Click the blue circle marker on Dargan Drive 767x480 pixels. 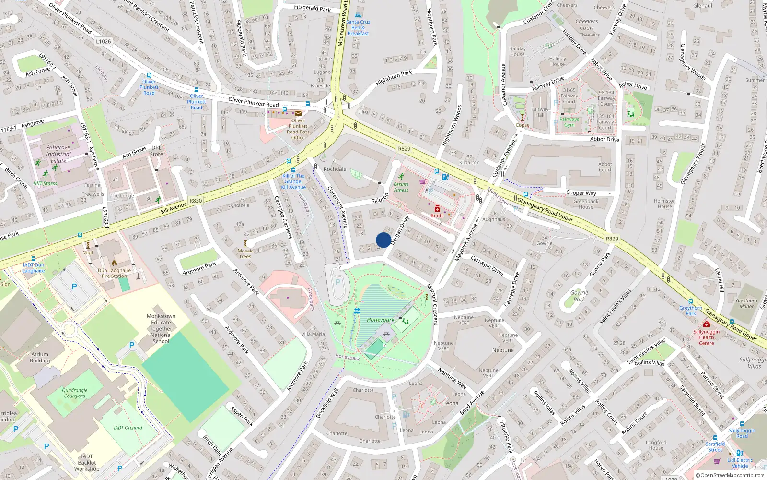point(383,240)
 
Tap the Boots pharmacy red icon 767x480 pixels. point(437,208)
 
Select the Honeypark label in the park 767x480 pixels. point(381,320)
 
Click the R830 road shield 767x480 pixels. point(196,201)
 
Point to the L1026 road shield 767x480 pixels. point(103,41)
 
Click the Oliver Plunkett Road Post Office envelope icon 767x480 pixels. point(298,113)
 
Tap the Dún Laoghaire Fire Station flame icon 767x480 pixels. point(115,263)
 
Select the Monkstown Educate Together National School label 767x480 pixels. point(161,329)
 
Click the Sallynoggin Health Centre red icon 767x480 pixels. point(706,324)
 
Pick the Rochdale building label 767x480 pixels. point(335,169)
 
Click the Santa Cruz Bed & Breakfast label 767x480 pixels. point(358,27)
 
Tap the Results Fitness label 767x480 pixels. point(401,187)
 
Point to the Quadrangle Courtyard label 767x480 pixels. point(75,393)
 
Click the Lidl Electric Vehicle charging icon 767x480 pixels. point(740,453)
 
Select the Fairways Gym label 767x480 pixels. point(569,122)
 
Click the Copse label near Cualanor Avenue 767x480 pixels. point(523,125)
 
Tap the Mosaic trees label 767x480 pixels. point(245,253)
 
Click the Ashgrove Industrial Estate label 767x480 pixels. point(58,154)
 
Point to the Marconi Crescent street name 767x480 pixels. point(432,304)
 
